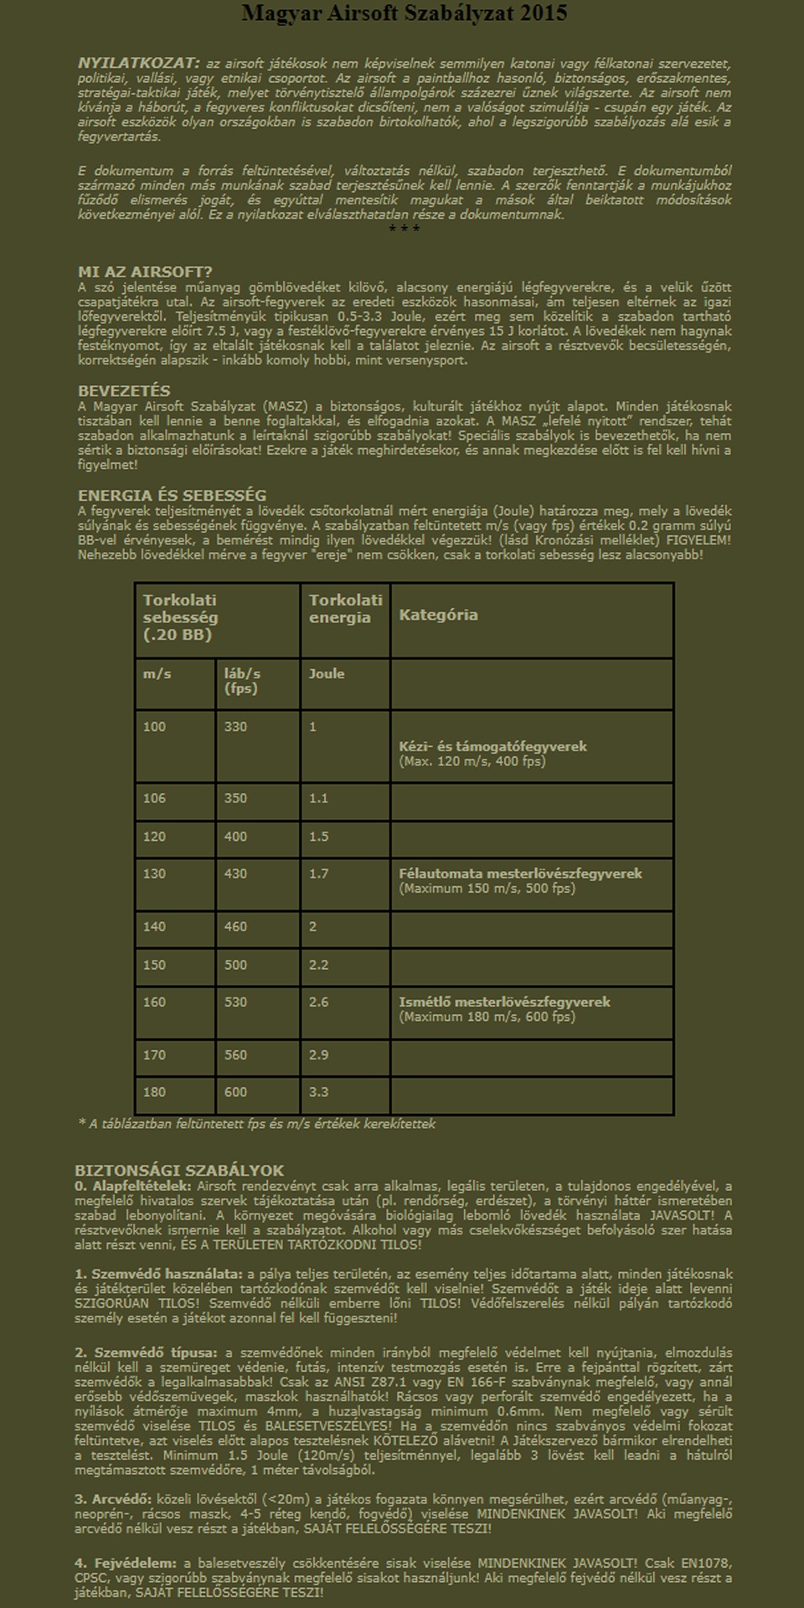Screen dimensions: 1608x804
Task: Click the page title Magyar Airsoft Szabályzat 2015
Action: (x=404, y=13)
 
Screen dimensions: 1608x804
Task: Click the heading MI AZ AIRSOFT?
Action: (x=145, y=272)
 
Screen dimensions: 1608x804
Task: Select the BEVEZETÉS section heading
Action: (x=124, y=391)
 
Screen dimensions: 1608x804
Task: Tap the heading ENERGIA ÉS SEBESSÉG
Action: (x=172, y=496)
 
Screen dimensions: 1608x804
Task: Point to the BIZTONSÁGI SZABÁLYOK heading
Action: (x=179, y=1171)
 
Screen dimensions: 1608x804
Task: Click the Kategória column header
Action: (x=438, y=615)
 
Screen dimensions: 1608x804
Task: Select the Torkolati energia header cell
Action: (x=345, y=609)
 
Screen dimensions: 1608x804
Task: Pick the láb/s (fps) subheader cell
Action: (x=242, y=681)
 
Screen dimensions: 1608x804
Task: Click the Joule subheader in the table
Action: (x=327, y=673)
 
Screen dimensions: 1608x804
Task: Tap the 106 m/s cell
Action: (x=155, y=798)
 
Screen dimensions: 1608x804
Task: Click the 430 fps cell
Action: (x=235, y=874)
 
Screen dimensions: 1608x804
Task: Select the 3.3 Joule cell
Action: (x=319, y=1092)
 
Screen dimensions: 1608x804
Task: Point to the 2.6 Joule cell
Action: (x=319, y=1002)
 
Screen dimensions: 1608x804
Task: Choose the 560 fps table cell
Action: (x=235, y=1054)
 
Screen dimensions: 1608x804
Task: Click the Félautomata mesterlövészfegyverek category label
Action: (x=520, y=874)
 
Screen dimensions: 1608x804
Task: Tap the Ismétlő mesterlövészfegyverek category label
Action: (x=504, y=1002)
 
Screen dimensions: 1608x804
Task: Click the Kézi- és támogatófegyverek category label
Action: (x=492, y=746)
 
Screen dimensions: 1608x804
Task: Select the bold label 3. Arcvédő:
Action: (x=113, y=1499)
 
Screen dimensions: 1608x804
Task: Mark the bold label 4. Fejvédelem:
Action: (x=126, y=1563)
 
